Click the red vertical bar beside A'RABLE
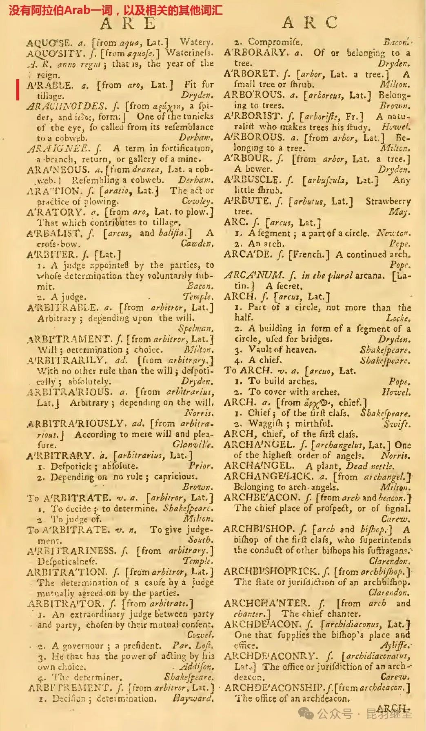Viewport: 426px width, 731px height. click(18, 90)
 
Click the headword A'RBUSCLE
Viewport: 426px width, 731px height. click(252, 180)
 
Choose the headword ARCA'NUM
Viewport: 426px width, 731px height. click(254, 275)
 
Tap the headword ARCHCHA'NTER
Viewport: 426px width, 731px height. click(266, 603)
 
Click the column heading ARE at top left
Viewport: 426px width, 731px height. click(128, 24)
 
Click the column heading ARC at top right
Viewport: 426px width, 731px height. click(310, 23)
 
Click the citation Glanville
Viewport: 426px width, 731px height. click(192, 444)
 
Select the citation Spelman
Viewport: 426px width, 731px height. click(195, 329)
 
